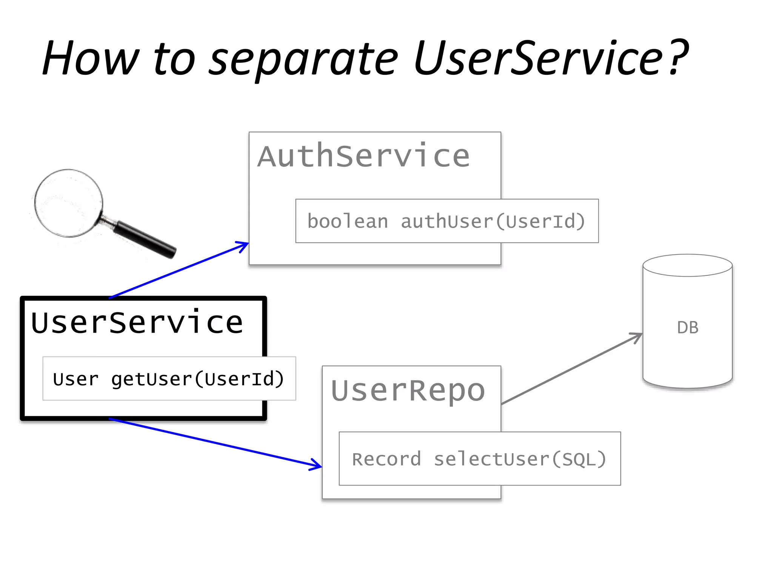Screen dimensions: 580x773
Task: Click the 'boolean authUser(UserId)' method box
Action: [x=447, y=221]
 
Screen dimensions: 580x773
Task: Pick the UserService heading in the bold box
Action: [x=137, y=323]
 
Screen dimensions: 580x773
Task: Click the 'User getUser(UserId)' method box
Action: [x=169, y=378]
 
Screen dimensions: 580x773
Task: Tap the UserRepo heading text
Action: [x=408, y=390]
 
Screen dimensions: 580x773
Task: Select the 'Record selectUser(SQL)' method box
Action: [x=479, y=459]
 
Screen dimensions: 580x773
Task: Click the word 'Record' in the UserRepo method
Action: [x=386, y=460]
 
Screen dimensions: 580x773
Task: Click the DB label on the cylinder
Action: [x=688, y=328]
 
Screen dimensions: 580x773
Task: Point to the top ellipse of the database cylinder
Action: [x=688, y=265]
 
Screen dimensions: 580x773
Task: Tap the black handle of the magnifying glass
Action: [x=145, y=239]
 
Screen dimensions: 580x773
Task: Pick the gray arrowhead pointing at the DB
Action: [x=637, y=336]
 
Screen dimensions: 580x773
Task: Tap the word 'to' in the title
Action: [x=174, y=60]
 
